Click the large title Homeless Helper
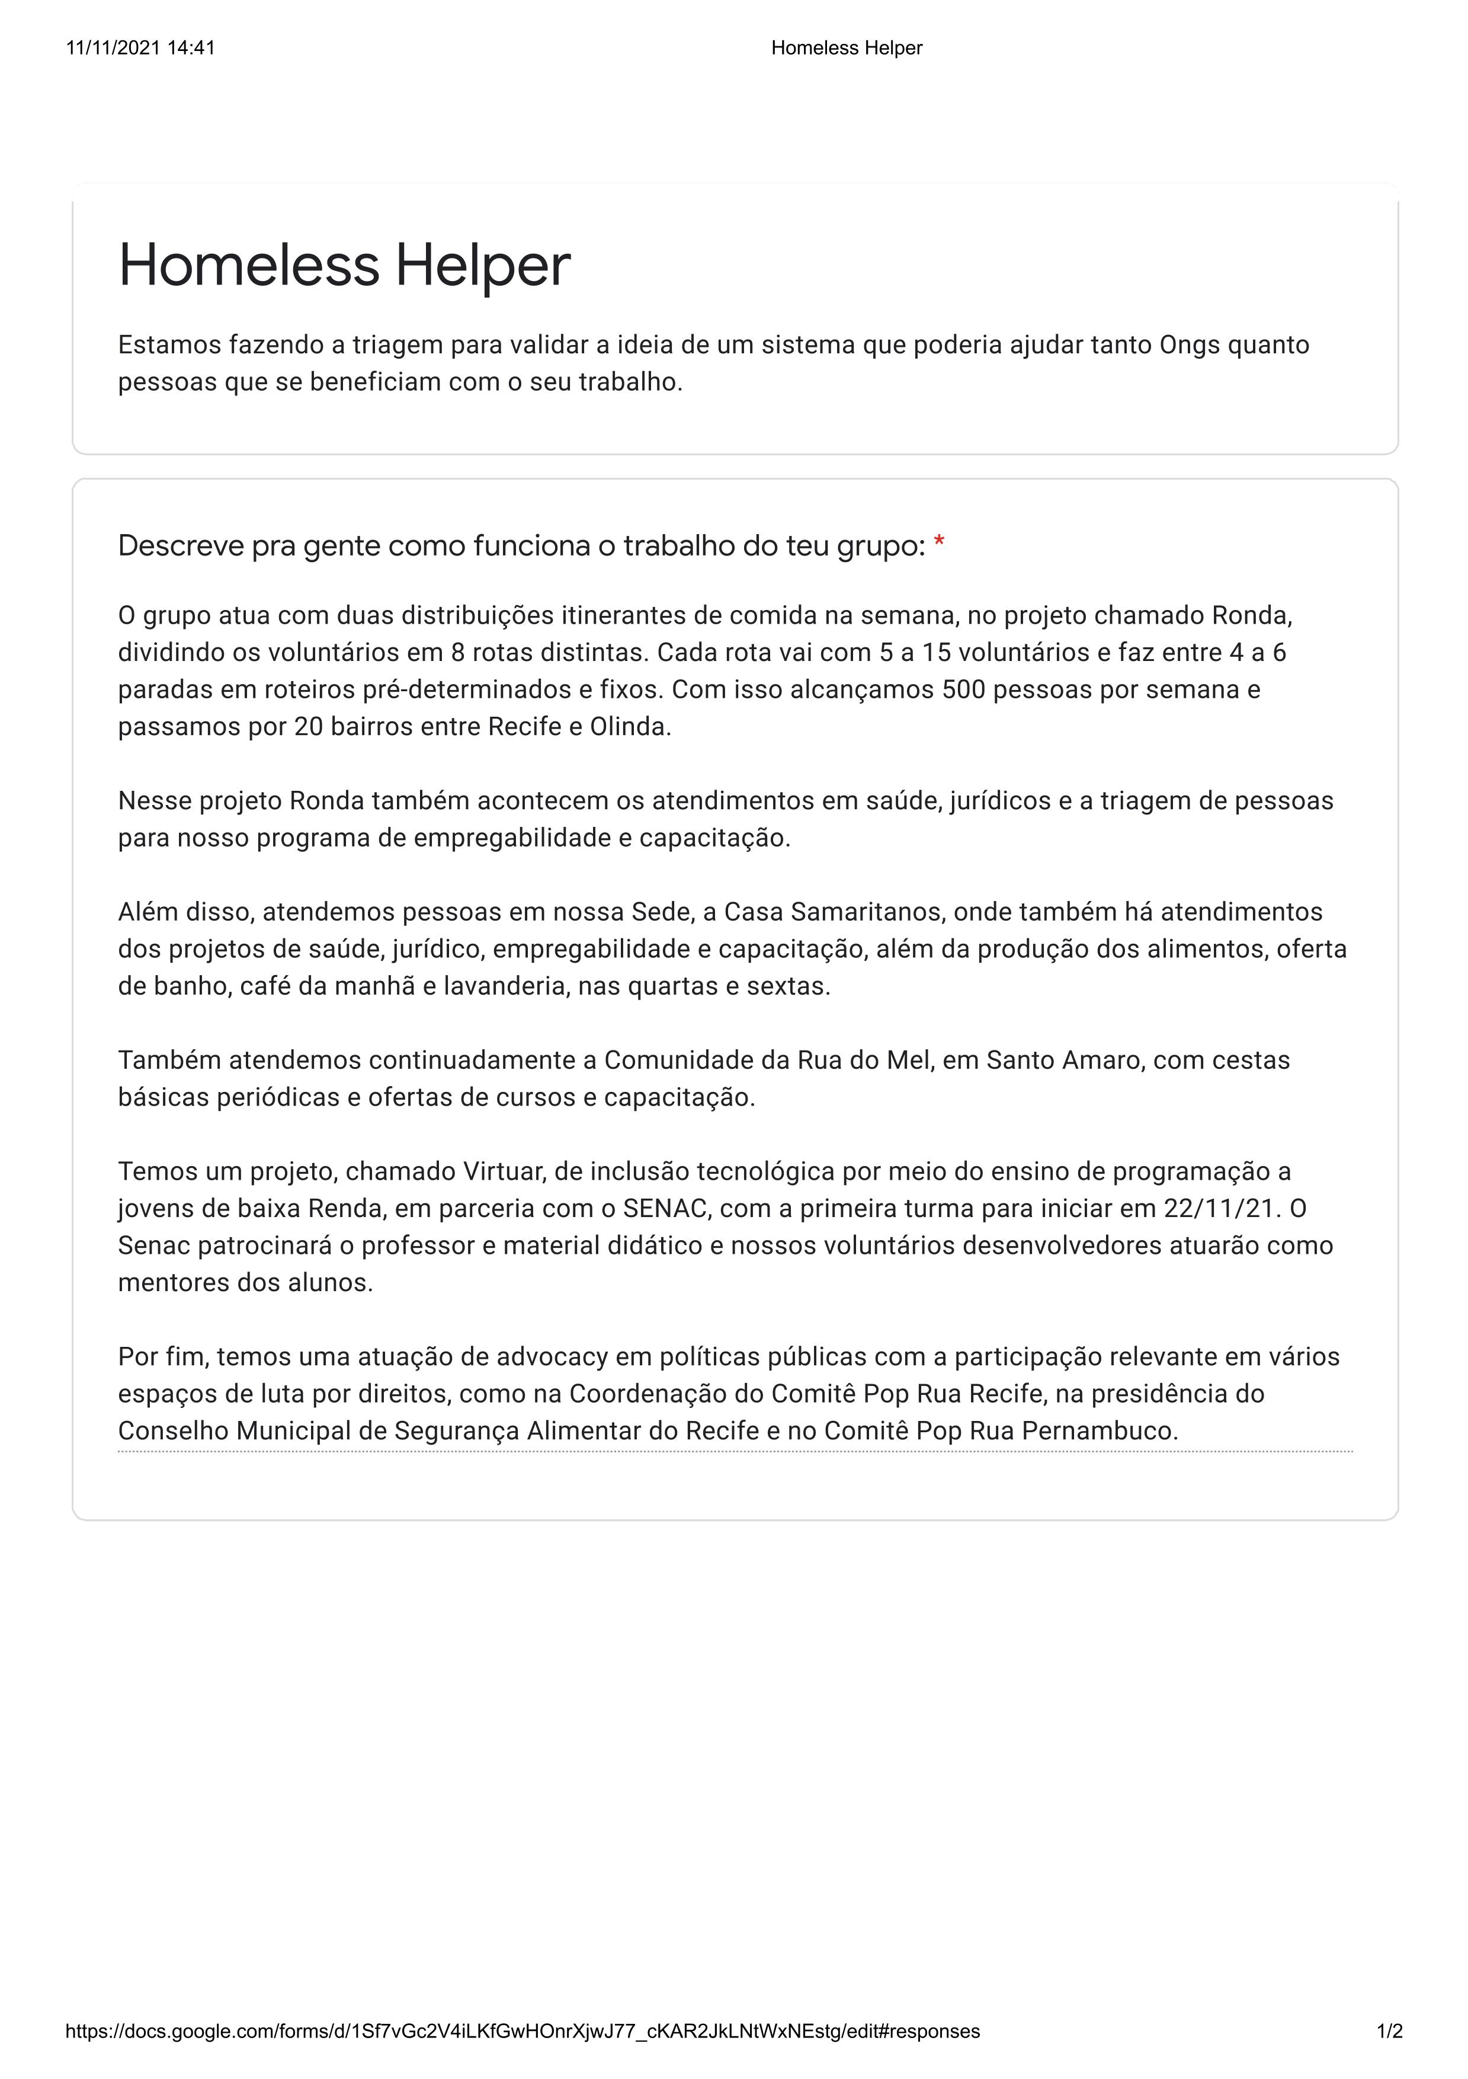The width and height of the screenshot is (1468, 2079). coord(344,266)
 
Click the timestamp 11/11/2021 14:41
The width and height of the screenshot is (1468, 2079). coord(140,48)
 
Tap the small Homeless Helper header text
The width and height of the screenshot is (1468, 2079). coord(846,48)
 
